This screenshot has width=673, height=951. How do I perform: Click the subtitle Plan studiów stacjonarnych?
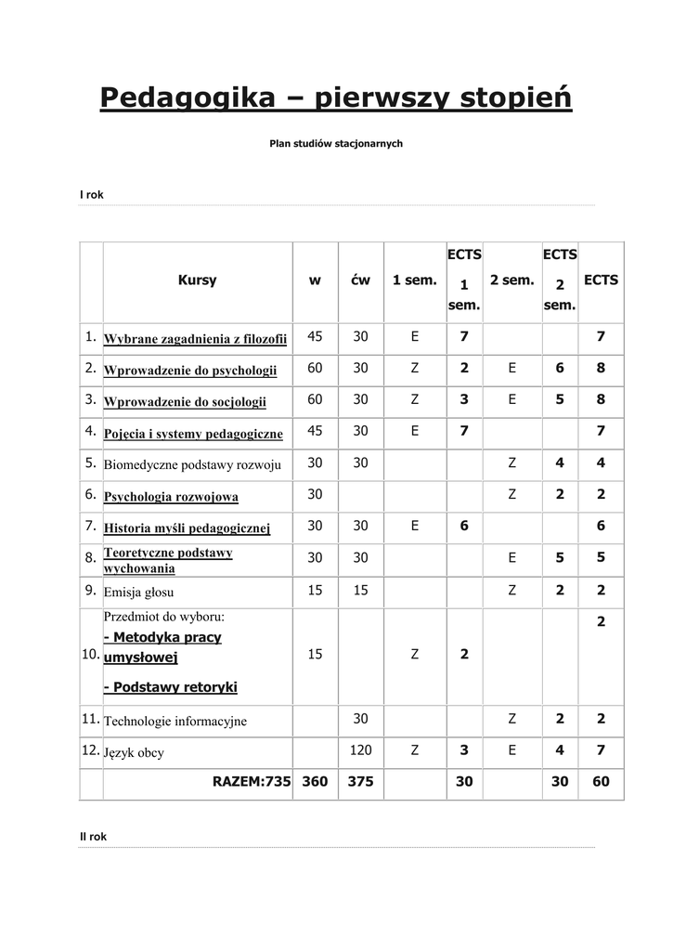(x=336, y=144)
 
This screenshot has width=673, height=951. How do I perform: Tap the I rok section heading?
(x=92, y=195)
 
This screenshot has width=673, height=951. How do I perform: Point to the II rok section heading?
(x=94, y=837)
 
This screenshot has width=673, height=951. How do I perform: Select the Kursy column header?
(x=197, y=280)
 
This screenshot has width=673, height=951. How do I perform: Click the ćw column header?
(x=360, y=280)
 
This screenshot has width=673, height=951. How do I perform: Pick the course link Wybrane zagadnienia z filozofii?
(x=196, y=339)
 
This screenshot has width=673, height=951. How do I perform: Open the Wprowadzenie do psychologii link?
(x=190, y=371)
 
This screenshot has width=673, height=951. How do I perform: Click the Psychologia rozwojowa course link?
(x=171, y=497)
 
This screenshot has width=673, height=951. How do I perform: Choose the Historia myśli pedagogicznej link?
(x=187, y=528)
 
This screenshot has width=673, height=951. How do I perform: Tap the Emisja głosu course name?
(x=139, y=592)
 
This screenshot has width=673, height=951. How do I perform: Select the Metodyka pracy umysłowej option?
(x=162, y=647)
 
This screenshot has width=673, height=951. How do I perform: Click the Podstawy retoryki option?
(x=171, y=687)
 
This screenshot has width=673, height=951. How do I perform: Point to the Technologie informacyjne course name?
(x=175, y=721)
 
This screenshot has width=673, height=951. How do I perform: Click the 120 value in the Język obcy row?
(x=360, y=750)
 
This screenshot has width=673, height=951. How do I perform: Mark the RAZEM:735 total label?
(x=252, y=782)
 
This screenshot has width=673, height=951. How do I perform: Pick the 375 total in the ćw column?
(x=360, y=782)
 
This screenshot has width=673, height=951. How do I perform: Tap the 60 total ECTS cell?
(x=601, y=782)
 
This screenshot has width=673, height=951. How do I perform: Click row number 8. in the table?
(x=90, y=558)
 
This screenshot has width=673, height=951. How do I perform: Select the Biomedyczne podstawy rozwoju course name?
(x=192, y=464)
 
